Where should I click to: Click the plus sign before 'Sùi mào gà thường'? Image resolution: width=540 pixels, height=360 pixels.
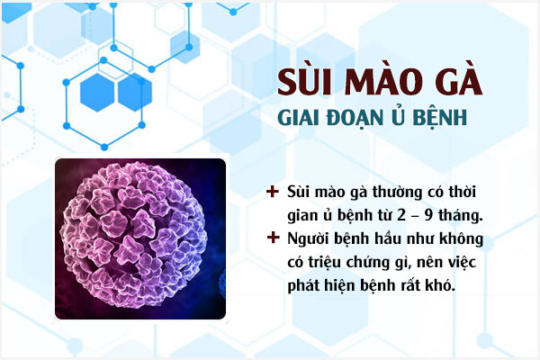[x=273, y=193]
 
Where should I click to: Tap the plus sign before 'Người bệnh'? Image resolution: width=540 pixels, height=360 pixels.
[x=273, y=239]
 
